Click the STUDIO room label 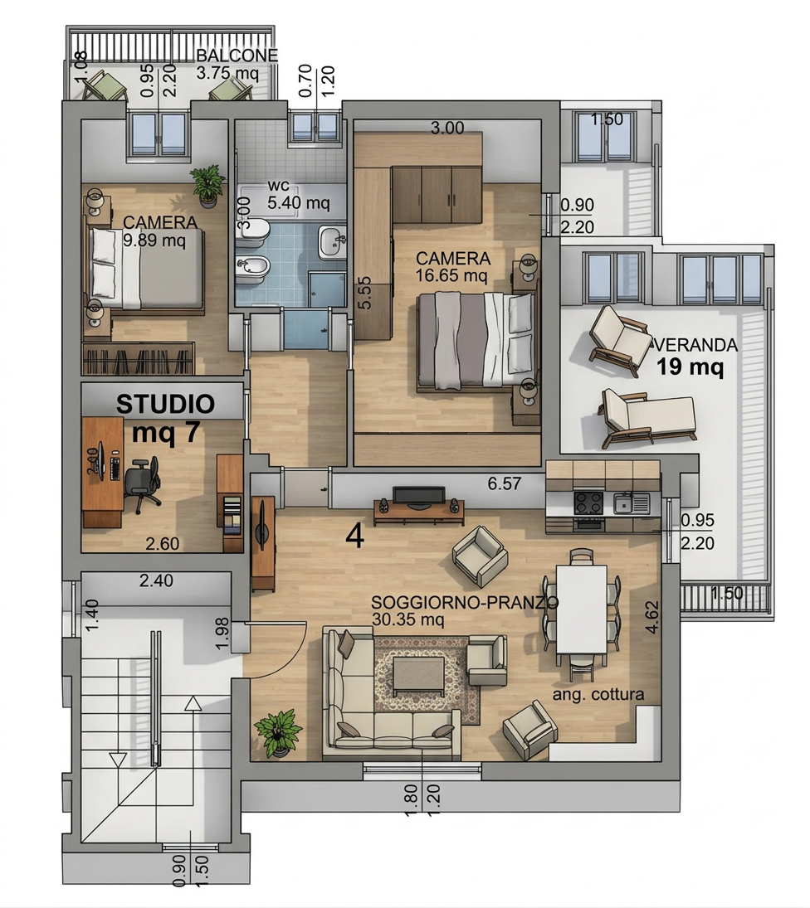[165, 404]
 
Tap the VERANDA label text [697, 345]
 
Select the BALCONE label [237, 56]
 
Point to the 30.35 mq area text [407, 619]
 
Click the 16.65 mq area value [451, 275]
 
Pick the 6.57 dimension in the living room [504, 483]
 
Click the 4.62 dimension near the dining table [651, 617]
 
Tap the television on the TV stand [419, 497]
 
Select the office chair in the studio [141, 482]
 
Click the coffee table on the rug [418, 677]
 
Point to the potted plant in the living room [279, 733]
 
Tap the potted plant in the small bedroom [207, 185]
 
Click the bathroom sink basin [333, 243]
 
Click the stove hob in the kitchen [588, 503]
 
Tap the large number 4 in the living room [354, 537]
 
